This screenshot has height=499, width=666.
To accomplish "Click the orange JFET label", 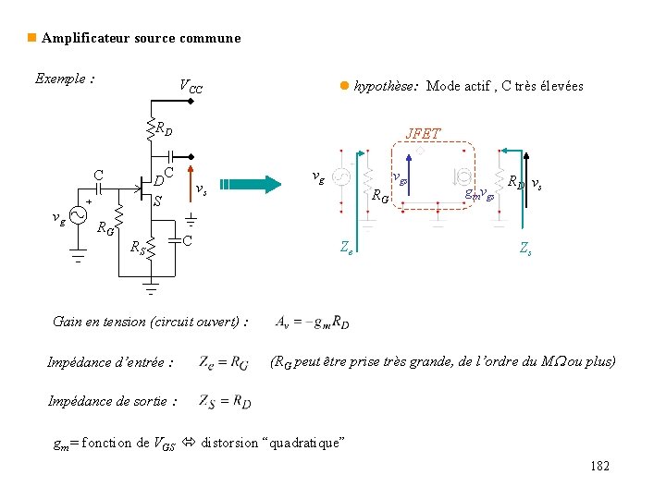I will point(423,134).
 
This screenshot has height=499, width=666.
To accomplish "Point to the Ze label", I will point(346,248).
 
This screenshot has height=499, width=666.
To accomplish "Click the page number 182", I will point(599,467).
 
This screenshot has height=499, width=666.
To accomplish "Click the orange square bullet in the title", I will point(31,38).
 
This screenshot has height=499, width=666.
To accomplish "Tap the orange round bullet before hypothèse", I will point(343,86).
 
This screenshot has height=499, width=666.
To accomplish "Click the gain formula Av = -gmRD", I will point(312,323).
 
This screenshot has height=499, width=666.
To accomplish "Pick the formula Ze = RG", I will point(223,362).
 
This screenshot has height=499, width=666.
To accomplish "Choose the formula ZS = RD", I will point(224,401).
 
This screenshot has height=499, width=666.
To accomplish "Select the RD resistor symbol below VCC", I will point(150,130).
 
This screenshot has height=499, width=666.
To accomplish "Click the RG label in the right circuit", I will point(379,196).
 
